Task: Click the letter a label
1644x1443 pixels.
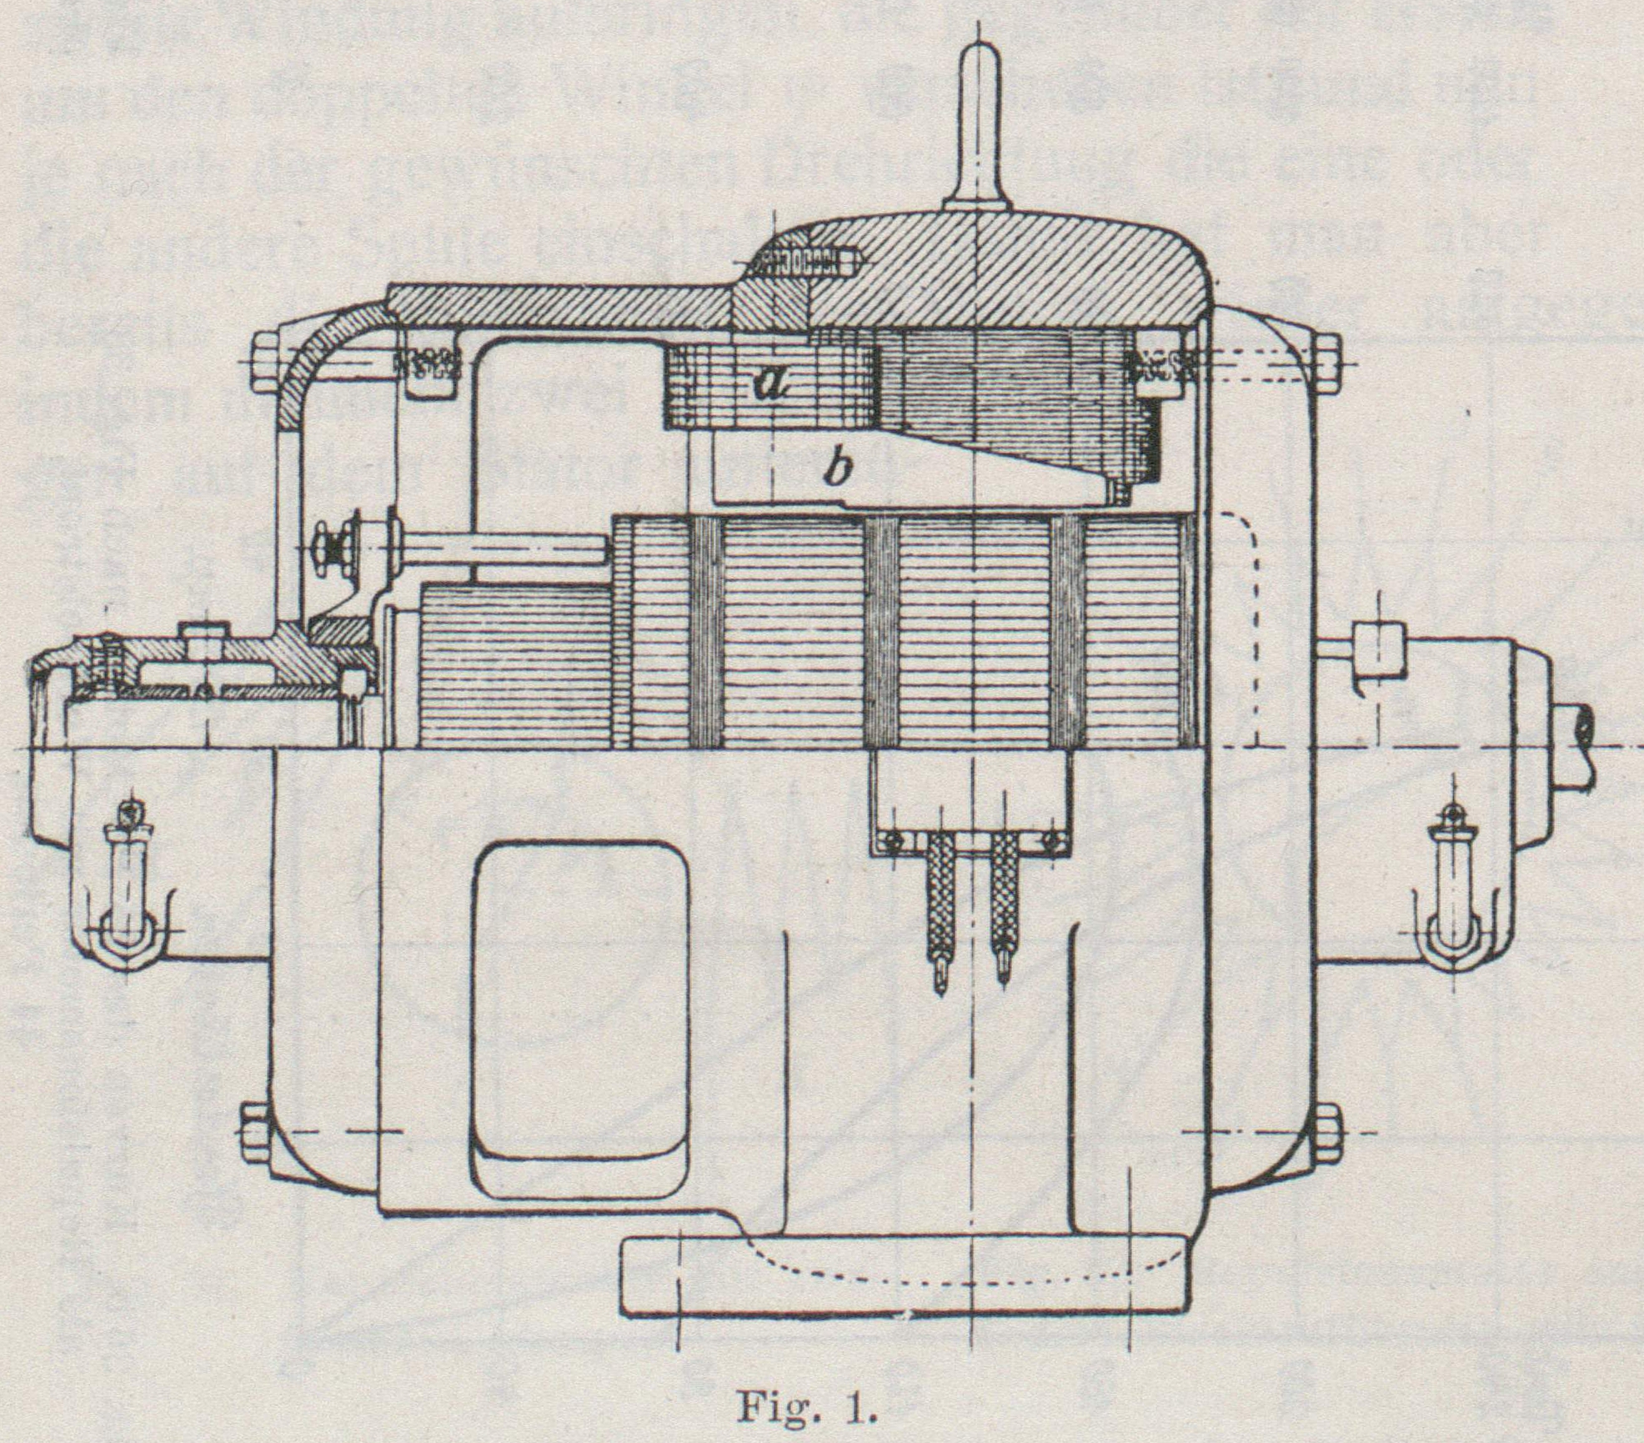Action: [x=769, y=383]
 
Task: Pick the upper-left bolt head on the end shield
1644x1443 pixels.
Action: [x=264, y=364]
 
